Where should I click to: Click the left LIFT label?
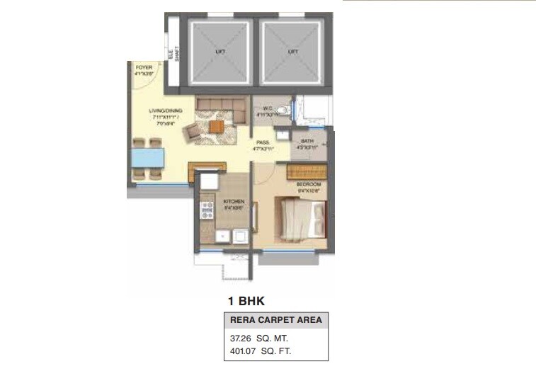point(219,52)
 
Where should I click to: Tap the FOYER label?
point(144,67)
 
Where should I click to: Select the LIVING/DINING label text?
point(164,111)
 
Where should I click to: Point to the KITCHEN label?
point(234,201)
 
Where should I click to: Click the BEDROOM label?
point(309,184)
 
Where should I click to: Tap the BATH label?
point(307,141)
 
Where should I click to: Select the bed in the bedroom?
point(301,219)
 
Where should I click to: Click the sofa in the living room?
point(222,107)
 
